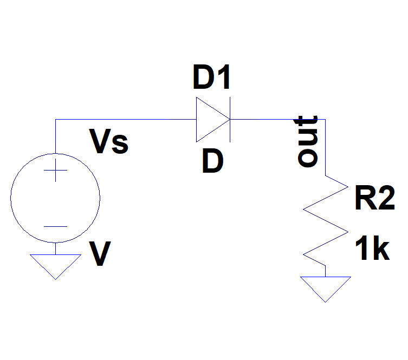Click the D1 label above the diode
(x=212, y=78)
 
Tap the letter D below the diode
(x=212, y=161)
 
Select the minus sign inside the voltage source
(x=55, y=227)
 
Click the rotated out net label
(x=307, y=140)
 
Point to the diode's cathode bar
(x=230, y=120)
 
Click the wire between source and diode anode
(x=125, y=120)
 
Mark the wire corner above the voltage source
(x=55, y=120)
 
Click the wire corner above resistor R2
(x=325, y=120)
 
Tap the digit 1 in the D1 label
(x=223, y=78)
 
